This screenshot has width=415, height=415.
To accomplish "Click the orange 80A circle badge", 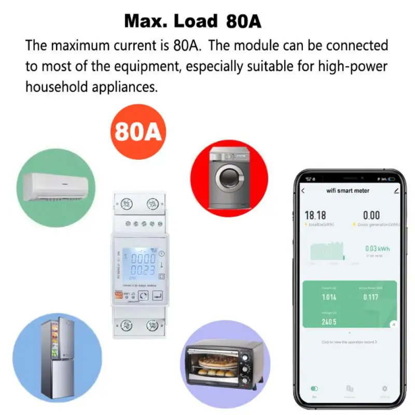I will coord(138,131).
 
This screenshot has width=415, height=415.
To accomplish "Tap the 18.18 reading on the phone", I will coord(315,215).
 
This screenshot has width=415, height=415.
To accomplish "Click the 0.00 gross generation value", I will coord(371,215).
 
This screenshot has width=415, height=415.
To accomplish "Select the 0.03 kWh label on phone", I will coord(377,248).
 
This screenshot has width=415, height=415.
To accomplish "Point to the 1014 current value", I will coord(329,297).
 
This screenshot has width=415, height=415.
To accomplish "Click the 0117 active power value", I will coord(370,297).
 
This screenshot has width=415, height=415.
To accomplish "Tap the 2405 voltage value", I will coord(329,322).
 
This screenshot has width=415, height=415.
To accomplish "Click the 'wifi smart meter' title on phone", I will coord(348,190).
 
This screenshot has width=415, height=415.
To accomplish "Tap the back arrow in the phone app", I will coord(303,190).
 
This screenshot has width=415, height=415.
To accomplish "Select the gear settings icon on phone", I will coord(384,388).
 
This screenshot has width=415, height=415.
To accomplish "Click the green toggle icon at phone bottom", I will coord(314,388).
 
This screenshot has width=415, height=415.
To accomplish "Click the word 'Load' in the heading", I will coord(195,21).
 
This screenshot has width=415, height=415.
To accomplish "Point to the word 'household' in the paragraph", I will coord(57,87).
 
